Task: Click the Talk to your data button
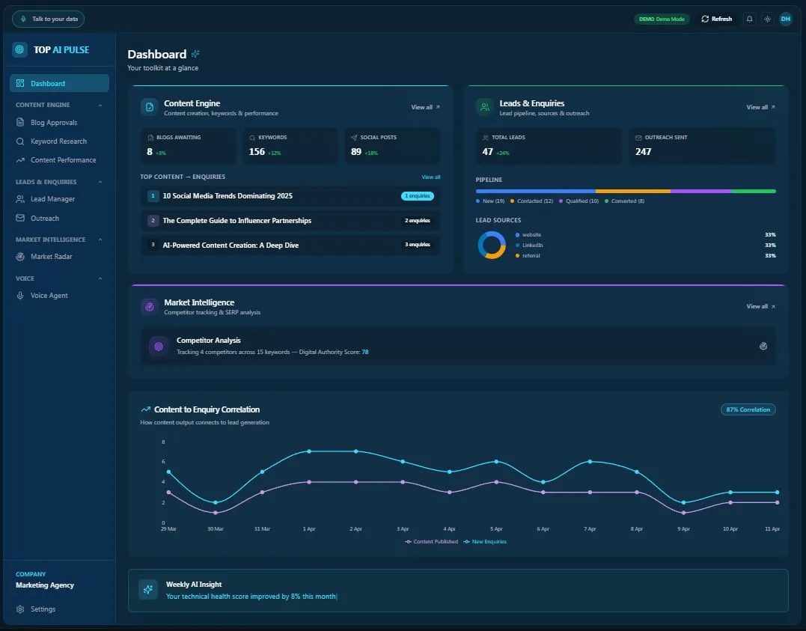pos(48,19)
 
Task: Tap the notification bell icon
pos(749,19)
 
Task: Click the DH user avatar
pos(785,19)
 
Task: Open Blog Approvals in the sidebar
pos(53,123)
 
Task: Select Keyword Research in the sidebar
pos(58,141)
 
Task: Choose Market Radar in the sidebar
pos(51,257)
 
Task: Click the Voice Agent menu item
pos(49,296)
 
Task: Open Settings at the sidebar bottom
pos(43,609)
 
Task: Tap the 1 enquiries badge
pos(417,196)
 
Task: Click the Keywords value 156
pos(257,152)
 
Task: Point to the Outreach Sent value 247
pos(643,152)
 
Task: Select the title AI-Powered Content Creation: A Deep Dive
pos(230,246)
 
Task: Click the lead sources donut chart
pos(492,245)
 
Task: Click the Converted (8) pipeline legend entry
pos(629,201)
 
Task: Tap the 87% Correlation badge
pos(748,410)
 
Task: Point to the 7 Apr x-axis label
pos(590,529)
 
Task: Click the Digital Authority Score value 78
pos(365,352)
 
